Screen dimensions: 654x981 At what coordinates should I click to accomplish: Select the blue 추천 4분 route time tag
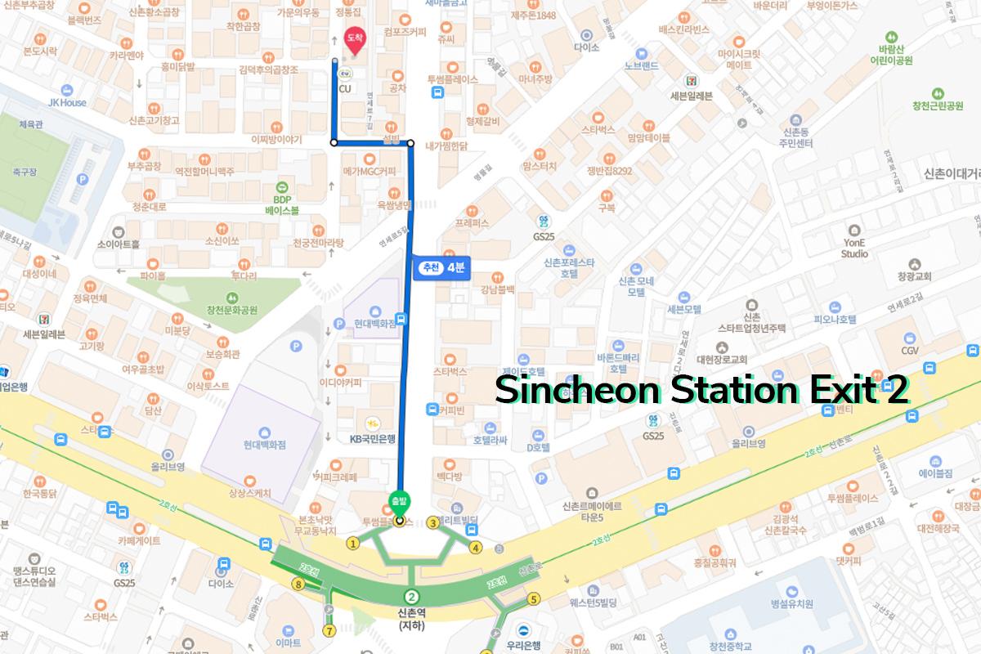pyautogui.click(x=441, y=267)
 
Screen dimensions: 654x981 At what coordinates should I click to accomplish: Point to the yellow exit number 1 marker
pyautogui.click(x=353, y=543)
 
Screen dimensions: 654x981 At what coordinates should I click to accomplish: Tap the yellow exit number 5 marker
pyautogui.click(x=535, y=598)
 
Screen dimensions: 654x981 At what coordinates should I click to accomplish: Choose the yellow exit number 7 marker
pyautogui.click(x=329, y=630)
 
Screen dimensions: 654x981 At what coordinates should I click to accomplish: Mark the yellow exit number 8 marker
pyautogui.click(x=299, y=584)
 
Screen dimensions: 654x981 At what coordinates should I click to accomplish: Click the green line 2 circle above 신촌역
pyautogui.click(x=412, y=597)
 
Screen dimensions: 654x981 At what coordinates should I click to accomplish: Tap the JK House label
pyautogui.click(x=67, y=103)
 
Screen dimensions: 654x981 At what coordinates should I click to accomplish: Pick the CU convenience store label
pyautogui.click(x=345, y=88)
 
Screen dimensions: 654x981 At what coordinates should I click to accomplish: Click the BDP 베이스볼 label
pyautogui.click(x=282, y=204)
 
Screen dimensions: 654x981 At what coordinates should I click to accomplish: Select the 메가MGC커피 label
pyautogui.click(x=370, y=171)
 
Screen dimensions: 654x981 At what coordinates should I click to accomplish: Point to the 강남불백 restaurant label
pyautogui.click(x=497, y=289)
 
